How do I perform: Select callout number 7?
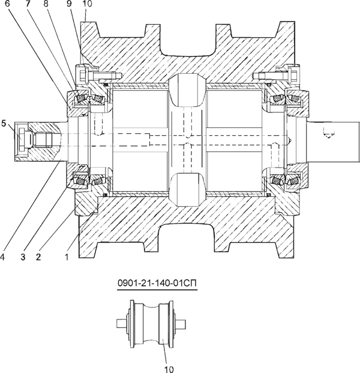pyautogui.click(x=28, y=4)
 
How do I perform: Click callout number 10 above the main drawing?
pyautogui.click(x=87, y=4)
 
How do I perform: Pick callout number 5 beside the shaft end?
pyautogui.click(x=5, y=124)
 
